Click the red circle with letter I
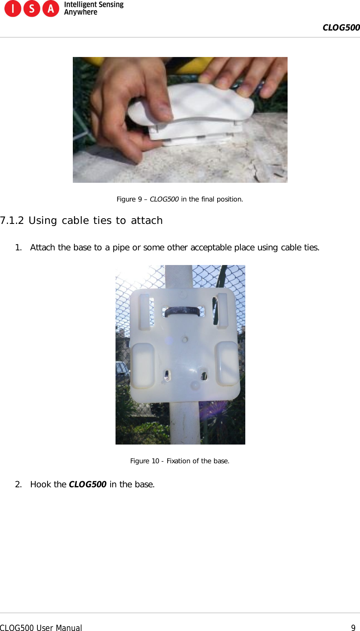(13, 9)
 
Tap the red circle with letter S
(32, 9)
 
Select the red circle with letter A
(51, 9)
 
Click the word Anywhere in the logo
(81, 12)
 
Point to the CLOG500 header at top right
(341, 28)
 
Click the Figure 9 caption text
(180, 199)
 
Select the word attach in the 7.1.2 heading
(147, 220)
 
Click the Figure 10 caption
(180, 461)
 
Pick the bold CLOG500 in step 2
(87, 484)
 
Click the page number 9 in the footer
(353, 628)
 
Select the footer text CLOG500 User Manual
(41, 628)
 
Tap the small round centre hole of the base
(185, 339)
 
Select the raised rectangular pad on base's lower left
(142, 365)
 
